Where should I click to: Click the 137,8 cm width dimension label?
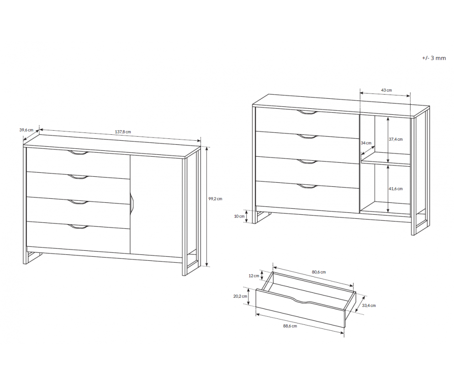[x=123, y=132]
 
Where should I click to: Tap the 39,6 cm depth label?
[x=26, y=130]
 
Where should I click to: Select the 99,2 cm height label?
[x=215, y=199]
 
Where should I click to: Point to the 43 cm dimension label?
[x=386, y=90]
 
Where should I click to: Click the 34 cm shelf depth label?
[x=366, y=143]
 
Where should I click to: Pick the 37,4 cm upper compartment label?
[x=396, y=139]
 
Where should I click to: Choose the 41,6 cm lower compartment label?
[x=396, y=189]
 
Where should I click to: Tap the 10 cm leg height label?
[x=239, y=217]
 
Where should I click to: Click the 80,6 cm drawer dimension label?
[x=319, y=272]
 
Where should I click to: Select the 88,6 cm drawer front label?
[x=290, y=326]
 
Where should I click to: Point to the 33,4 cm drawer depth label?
[x=369, y=306]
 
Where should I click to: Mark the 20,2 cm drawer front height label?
[x=240, y=296]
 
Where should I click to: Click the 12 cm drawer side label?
[x=254, y=276]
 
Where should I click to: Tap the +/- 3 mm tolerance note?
[x=434, y=58]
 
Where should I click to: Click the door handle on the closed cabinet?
[x=132, y=204]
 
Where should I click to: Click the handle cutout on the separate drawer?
[x=305, y=300]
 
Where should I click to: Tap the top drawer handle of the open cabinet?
[x=307, y=112]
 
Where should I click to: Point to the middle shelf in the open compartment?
[x=385, y=160]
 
